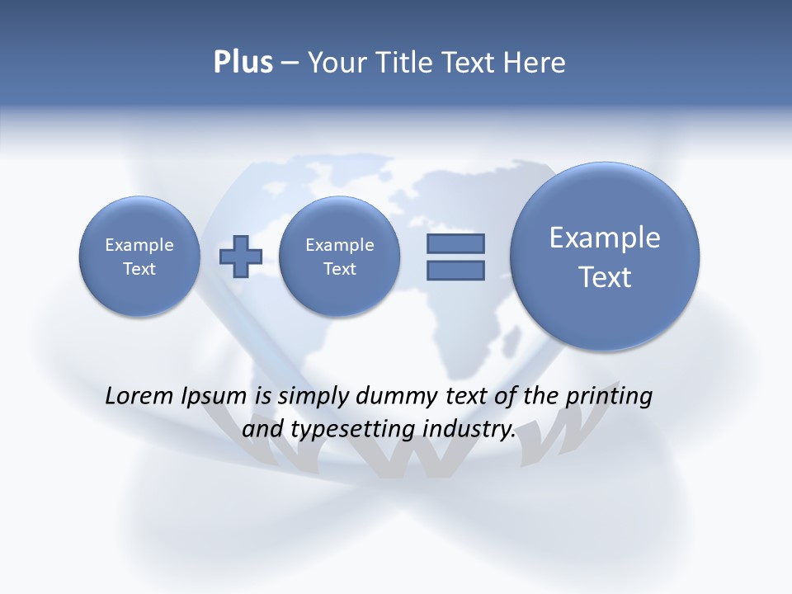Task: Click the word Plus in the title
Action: coord(243,63)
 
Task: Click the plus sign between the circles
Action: coord(241,257)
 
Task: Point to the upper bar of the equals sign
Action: coord(455,243)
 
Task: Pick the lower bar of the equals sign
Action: coord(455,270)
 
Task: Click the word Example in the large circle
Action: coord(605,238)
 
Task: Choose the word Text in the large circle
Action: coord(605,277)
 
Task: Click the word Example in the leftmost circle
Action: coord(139,245)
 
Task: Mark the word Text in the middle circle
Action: coord(339,269)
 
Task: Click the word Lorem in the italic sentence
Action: coord(140,396)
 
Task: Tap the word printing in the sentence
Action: coord(608,396)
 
